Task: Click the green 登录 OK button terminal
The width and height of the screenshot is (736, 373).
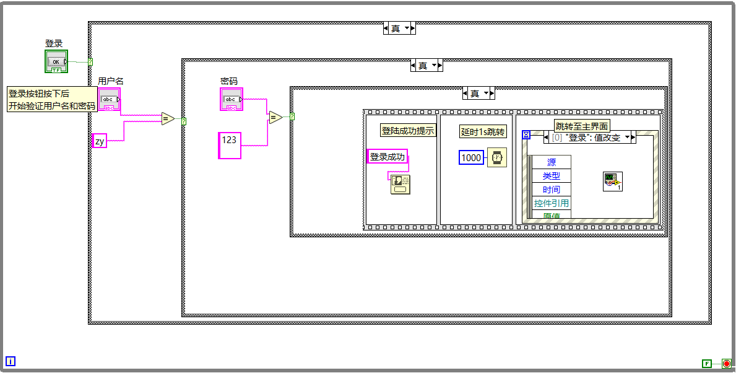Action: click(56, 61)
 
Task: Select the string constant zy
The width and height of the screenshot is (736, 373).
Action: click(99, 141)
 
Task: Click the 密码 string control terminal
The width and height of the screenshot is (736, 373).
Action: click(232, 99)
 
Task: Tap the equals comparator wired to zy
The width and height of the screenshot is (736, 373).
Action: click(168, 118)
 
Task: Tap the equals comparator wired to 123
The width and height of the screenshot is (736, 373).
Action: click(275, 117)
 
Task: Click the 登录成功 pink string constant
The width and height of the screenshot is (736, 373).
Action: click(387, 157)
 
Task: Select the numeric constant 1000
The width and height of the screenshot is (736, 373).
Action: click(471, 157)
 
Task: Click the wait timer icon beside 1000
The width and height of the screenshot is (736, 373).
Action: click(496, 157)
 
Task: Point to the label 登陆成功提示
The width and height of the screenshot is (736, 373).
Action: click(409, 131)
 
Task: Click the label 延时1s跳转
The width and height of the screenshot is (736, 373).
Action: click(483, 132)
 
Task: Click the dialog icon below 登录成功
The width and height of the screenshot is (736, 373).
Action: click(400, 184)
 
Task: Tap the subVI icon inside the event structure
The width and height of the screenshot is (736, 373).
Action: click(612, 182)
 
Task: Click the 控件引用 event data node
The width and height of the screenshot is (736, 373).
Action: click(551, 203)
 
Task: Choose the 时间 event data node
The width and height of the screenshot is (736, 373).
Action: click(551, 190)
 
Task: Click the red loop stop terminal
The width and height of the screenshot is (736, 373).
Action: click(726, 363)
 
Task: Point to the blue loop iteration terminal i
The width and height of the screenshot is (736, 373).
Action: click(11, 361)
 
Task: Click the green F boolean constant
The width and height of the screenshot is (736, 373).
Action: click(706, 363)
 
